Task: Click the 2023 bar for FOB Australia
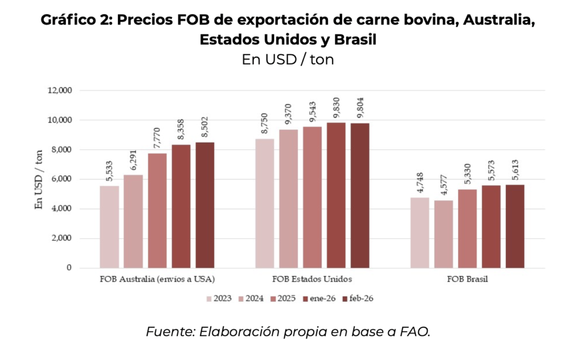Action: [x=109, y=226]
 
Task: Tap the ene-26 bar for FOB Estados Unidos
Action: [x=336, y=195]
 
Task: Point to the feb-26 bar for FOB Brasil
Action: [x=515, y=226]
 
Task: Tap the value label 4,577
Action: [x=443, y=185]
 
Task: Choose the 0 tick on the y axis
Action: [x=69, y=268]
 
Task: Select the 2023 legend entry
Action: [x=219, y=298]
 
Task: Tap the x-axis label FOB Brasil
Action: [x=467, y=279]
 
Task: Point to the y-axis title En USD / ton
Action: [x=39, y=179]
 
